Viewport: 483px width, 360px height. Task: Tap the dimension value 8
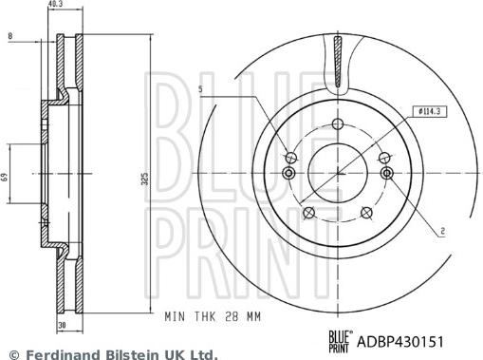point(9,36)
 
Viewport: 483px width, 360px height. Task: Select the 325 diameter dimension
point(144,178)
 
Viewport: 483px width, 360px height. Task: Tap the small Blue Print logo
point(339,339)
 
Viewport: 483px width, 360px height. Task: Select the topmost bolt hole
point(337,123)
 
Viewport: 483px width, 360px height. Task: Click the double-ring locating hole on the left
point(288,174)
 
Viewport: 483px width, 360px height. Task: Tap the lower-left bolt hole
point(307,213)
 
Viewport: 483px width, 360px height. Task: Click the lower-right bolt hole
point(368,213)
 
